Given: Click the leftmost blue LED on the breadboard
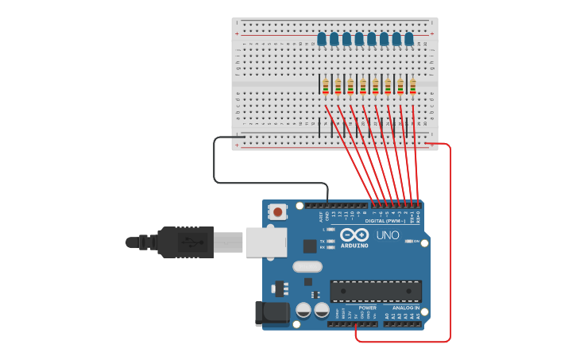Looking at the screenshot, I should [322, 38].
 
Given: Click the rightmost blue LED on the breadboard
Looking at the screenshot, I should [409, 38].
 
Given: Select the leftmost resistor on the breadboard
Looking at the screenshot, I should [326, 86].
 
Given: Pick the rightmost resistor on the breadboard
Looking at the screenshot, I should [413, 86].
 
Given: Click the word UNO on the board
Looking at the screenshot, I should [387, 235].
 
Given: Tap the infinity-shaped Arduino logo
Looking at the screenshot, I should [354, 234].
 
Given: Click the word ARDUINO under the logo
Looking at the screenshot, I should [354, 246].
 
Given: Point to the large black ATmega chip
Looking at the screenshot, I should [376, 291].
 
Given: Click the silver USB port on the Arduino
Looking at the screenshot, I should [265, 242].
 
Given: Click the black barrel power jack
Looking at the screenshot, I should [271, 313].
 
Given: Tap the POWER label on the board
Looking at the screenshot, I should [367, 308].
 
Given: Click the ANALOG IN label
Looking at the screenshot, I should [405, 308].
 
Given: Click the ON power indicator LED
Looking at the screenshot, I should [408, 241].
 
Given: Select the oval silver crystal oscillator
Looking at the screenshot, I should [307, 267].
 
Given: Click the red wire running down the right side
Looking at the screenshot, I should [450, 238].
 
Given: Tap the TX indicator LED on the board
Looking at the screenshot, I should [331, 241].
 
